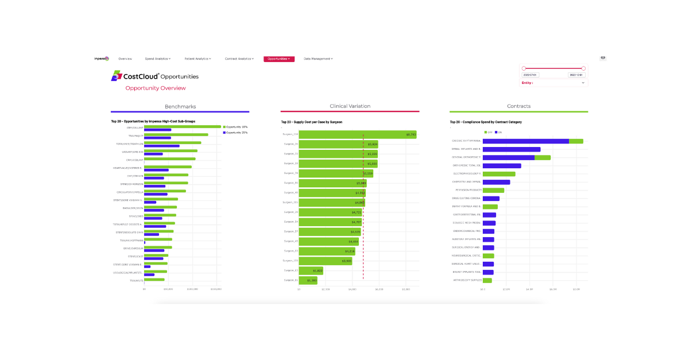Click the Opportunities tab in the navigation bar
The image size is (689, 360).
[x=278, y=59]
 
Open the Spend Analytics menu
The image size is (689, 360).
[x=157, y=59]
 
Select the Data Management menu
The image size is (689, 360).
[x=318, y=59]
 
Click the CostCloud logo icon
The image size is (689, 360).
[x=117, y=76]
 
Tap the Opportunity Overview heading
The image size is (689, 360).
[x=155, y=88]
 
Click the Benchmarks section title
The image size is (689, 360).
[x=180, y=106]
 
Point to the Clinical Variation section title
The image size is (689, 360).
[x=350, y=106]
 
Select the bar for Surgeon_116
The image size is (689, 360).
[x=357, y=134]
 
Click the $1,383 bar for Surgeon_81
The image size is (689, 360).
[x=308, y=280]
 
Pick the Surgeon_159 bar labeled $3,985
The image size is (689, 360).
[x=325, y=261]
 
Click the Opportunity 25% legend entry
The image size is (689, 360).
[x=235, y=133]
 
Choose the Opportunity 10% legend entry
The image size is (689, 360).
[x=235, y=127]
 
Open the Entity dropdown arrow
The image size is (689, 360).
[x=583, y=83]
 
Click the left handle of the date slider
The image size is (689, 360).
[x=524, y=68]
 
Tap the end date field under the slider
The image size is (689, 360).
[x=576, y=75]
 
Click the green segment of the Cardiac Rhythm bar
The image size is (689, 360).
[x=576, y=141]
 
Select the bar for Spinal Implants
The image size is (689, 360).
[x=511, y=149]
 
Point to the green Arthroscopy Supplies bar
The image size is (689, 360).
[x=487, y=280]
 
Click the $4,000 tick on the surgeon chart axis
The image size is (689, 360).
[x=352, y=290]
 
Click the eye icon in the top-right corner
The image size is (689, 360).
[x=603, y=58]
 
